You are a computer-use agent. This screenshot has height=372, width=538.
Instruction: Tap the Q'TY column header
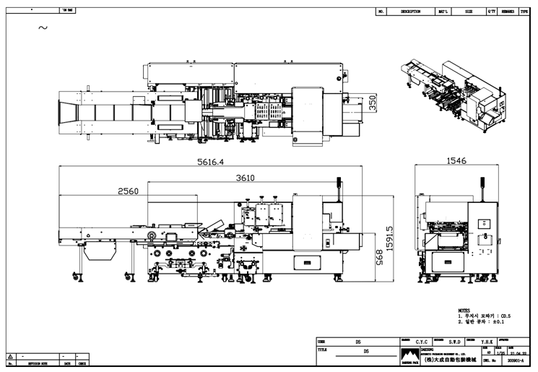(x=491, y=12)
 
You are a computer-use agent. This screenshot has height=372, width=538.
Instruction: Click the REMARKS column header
(x=508, y=12)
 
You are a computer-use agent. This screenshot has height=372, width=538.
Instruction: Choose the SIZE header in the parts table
(x=469, y=12)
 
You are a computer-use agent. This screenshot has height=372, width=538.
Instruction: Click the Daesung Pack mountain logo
(x=409, y=355)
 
